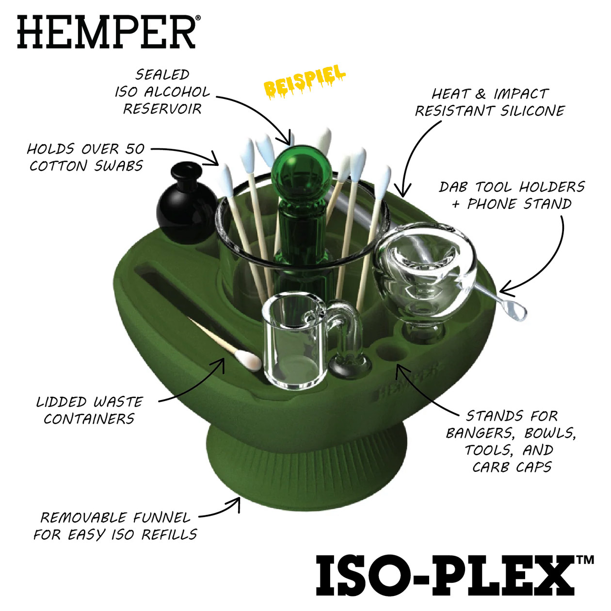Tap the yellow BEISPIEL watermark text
pos(305,82)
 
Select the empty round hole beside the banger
pos(393,352)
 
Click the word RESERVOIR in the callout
pos(162,109)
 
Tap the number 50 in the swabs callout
pos(135,148)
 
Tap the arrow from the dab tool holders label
pos(548,262)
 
